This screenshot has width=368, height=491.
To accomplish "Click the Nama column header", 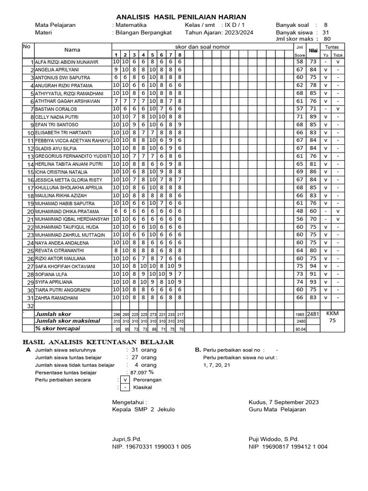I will point(72,50).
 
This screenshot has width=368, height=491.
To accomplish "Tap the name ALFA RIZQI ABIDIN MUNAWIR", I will point(67,62).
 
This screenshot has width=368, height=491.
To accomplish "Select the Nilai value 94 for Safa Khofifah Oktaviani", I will point(313,266).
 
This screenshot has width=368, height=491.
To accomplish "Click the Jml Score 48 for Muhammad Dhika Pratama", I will point(299,211).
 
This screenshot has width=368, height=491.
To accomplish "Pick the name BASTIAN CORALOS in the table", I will point(56,109).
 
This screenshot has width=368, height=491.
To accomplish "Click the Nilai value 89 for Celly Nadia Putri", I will point(313,117).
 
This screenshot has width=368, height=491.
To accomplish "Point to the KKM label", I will point(332,313).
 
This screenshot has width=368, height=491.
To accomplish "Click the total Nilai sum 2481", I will point(313,314).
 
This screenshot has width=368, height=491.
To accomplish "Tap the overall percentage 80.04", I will point(300,329).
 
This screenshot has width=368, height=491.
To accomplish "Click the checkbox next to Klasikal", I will point(125,387).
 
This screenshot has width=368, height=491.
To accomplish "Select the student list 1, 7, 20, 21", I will point(217,365).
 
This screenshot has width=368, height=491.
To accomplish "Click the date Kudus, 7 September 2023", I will point(284,402).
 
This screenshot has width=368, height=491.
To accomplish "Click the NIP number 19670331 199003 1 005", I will point(151,446).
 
